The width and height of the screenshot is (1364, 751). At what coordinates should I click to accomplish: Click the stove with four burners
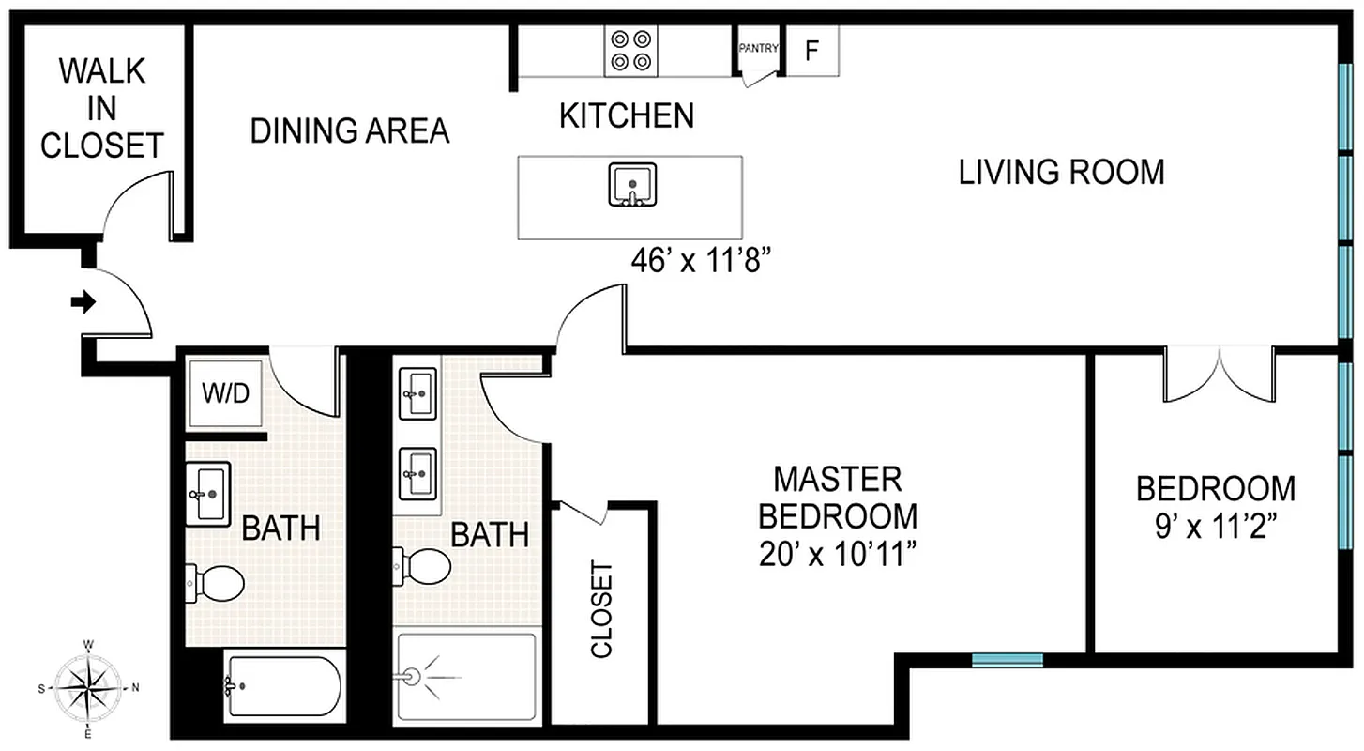click(630, 51)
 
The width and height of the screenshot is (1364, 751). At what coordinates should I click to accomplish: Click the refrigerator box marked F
click(812, 50)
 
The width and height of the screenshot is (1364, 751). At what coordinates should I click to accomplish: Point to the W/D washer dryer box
click(227, 392)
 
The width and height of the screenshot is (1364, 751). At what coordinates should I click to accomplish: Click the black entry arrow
click(83, 302)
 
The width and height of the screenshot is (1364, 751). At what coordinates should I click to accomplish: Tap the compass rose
click(87, 687)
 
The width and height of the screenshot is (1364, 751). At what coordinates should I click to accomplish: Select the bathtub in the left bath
click(282, 687)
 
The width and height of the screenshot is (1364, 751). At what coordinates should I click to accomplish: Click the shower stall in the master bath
click(465, 676)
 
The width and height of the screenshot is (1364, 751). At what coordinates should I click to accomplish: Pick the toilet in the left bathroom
click(217, 583)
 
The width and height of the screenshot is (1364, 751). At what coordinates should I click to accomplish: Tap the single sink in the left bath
click(208, 493)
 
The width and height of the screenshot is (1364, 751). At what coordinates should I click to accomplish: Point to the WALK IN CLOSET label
click(102, 109)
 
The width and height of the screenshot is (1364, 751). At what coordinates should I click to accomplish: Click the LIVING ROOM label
click(1061, 173)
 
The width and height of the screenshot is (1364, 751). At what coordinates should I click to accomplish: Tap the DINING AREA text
click(349, 131)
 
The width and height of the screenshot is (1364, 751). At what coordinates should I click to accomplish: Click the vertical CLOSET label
click(600, 609)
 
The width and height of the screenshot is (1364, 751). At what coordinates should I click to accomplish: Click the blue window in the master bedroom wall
click(1007, 660)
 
